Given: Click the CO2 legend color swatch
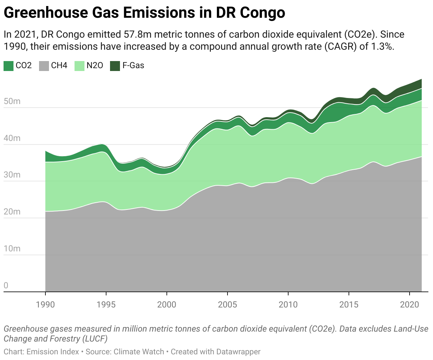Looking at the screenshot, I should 9,66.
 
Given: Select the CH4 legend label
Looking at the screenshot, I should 59,66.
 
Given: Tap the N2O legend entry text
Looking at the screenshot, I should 95,66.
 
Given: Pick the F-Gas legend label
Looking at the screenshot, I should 133,66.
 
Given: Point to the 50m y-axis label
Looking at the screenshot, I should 12,102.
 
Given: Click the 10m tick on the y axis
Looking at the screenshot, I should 12,249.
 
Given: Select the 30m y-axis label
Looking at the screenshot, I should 12,175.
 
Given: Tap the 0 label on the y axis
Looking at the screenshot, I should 6,285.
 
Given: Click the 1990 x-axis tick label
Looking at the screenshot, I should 45,305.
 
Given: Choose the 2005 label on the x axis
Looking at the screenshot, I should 227,305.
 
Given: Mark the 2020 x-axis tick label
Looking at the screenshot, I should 410,305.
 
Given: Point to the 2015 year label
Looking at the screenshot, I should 349,305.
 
